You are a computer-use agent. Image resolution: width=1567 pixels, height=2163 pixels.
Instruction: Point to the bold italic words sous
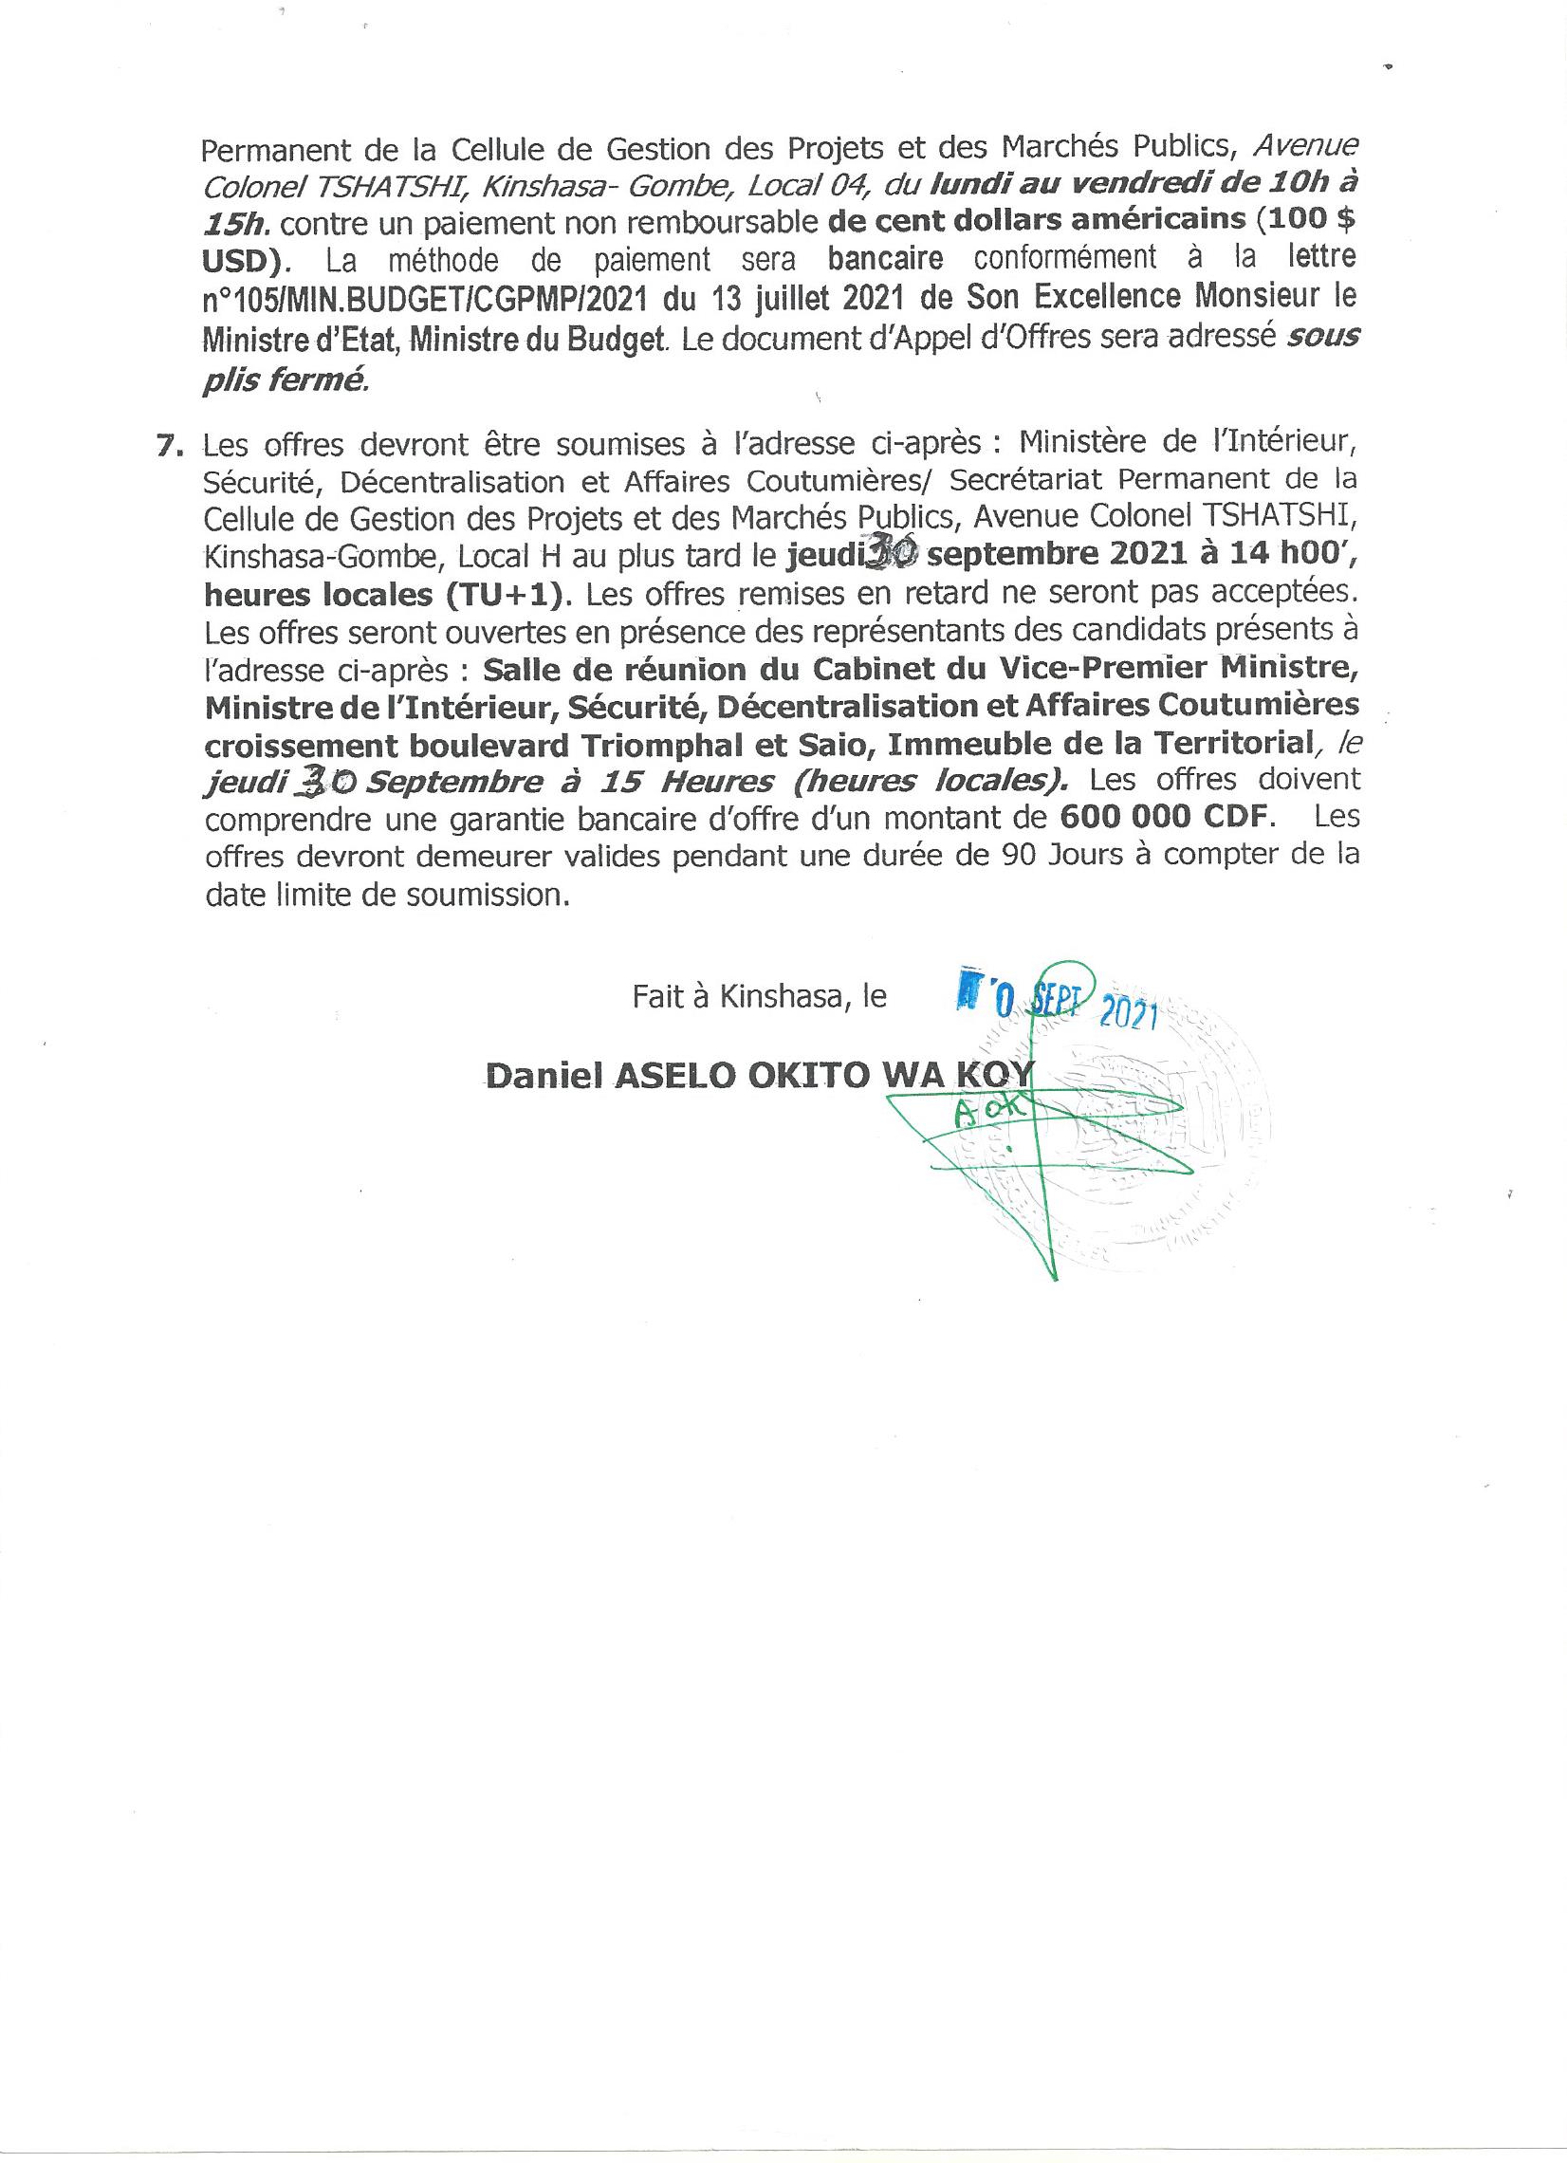(x=1322, y=337)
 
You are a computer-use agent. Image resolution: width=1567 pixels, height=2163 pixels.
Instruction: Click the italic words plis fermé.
(x=285, y=379)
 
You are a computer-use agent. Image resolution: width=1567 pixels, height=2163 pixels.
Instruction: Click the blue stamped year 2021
(x=1127, y=1016)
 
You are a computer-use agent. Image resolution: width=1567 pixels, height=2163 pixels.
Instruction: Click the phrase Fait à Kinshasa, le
(x=759, y=997)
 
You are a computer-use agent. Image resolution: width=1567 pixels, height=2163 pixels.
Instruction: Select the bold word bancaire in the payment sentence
(x=886, y=258)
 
